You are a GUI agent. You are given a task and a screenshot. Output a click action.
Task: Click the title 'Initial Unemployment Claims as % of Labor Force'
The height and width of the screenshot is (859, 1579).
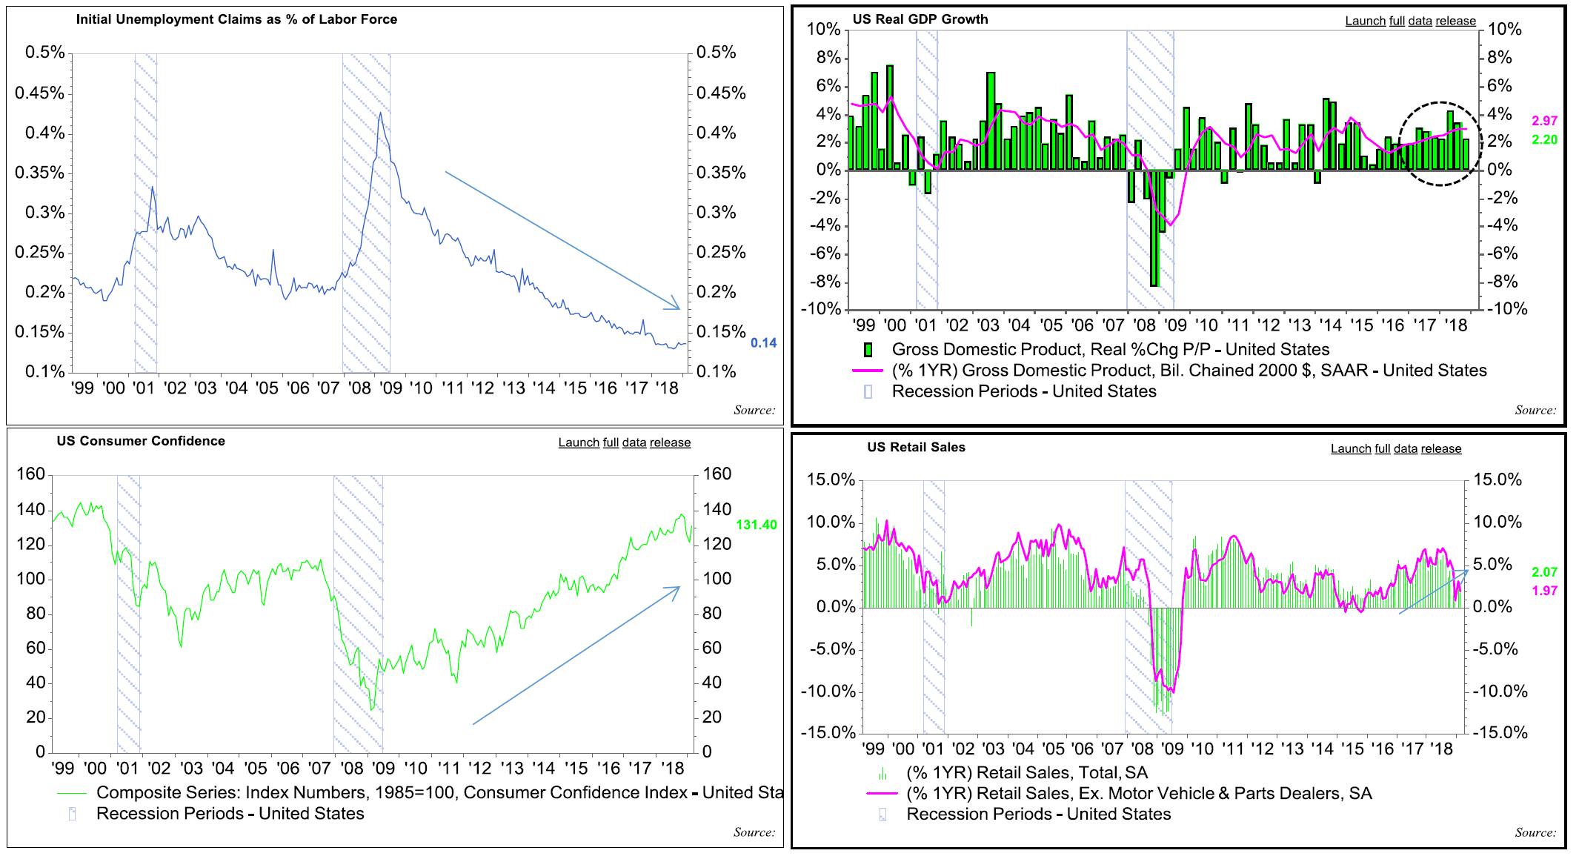tap(236, 19)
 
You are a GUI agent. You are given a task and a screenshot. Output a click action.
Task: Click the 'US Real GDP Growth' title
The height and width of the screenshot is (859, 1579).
tap(920, 19)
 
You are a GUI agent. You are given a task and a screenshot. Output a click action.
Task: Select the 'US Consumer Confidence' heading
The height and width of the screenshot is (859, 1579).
tap(141, 441)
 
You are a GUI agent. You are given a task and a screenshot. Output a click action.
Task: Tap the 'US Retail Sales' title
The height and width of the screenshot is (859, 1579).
tap(917, 447)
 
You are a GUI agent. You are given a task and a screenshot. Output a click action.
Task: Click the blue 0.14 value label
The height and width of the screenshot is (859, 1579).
tap(763, 343)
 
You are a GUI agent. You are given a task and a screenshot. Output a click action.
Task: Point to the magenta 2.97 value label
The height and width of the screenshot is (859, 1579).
tap(1545, 121)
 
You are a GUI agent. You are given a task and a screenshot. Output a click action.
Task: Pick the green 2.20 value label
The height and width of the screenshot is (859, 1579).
tap(1545, 140)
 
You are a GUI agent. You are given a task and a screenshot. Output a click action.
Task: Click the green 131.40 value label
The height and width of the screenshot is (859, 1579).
tap(757, 525)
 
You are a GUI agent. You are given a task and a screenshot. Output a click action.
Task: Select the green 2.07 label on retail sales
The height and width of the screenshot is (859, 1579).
tap(1545, 572)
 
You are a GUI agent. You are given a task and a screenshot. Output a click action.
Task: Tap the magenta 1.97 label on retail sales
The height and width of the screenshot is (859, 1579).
tap(1545, 591)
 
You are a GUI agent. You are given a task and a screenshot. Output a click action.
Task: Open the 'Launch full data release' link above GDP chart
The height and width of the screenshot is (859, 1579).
tap(1411, 21)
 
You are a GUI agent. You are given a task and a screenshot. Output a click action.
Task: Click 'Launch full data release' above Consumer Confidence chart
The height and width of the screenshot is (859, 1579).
tap(625, 442)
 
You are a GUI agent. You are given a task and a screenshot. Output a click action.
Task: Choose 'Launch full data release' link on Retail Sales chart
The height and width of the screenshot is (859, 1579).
tap(1396, 448)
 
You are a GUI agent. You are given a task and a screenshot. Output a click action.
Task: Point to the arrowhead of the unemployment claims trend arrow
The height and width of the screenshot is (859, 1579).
tap(677, 307)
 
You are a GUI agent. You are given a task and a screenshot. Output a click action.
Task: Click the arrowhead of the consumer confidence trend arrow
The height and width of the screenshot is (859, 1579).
tap(677, 588)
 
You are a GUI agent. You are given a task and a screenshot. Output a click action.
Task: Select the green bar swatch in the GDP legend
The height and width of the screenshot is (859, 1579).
tap(868, 350)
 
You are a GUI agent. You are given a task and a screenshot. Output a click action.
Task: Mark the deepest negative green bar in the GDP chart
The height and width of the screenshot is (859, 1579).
tap(1154, 230)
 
